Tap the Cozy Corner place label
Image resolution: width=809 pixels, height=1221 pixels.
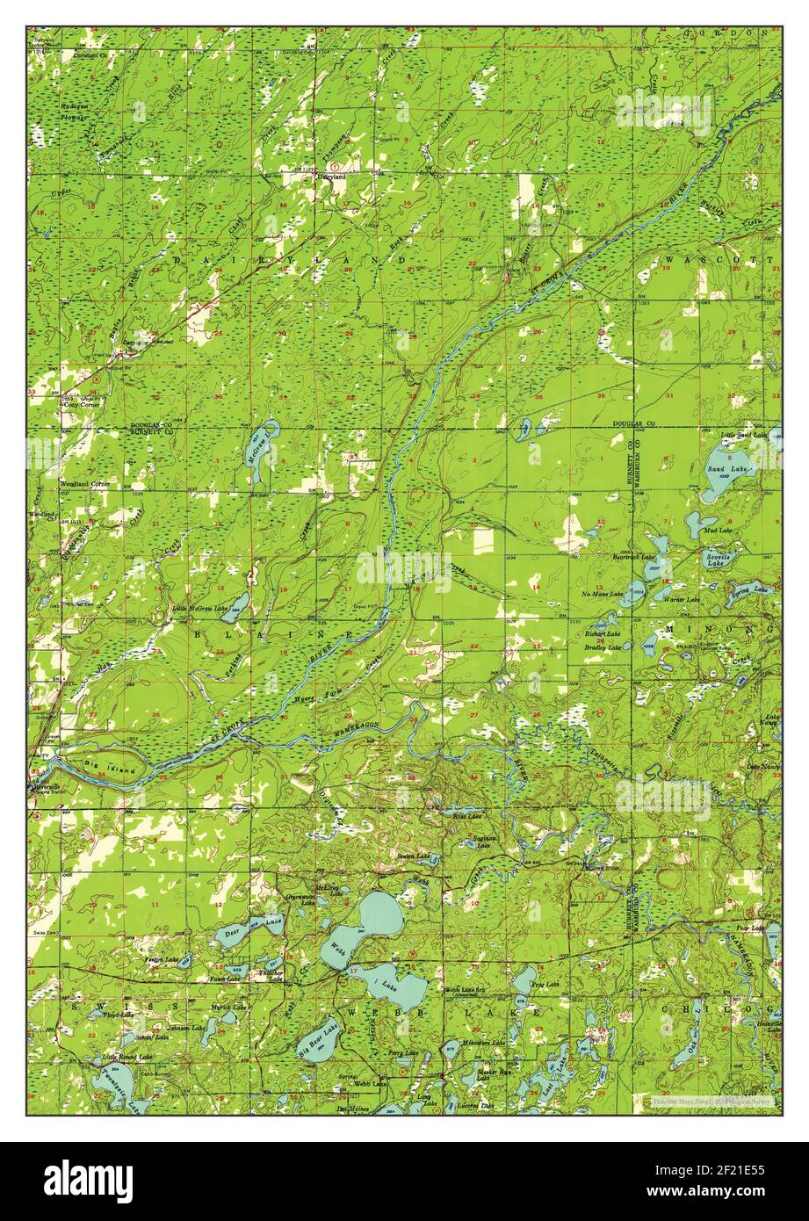coord(80,406)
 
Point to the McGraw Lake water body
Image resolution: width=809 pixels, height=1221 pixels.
coord(261,452)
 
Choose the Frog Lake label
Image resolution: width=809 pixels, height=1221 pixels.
coord(545,986)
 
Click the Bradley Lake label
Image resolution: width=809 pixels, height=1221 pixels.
coord(603,647)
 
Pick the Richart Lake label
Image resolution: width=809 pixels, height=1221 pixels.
coord(603,633)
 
